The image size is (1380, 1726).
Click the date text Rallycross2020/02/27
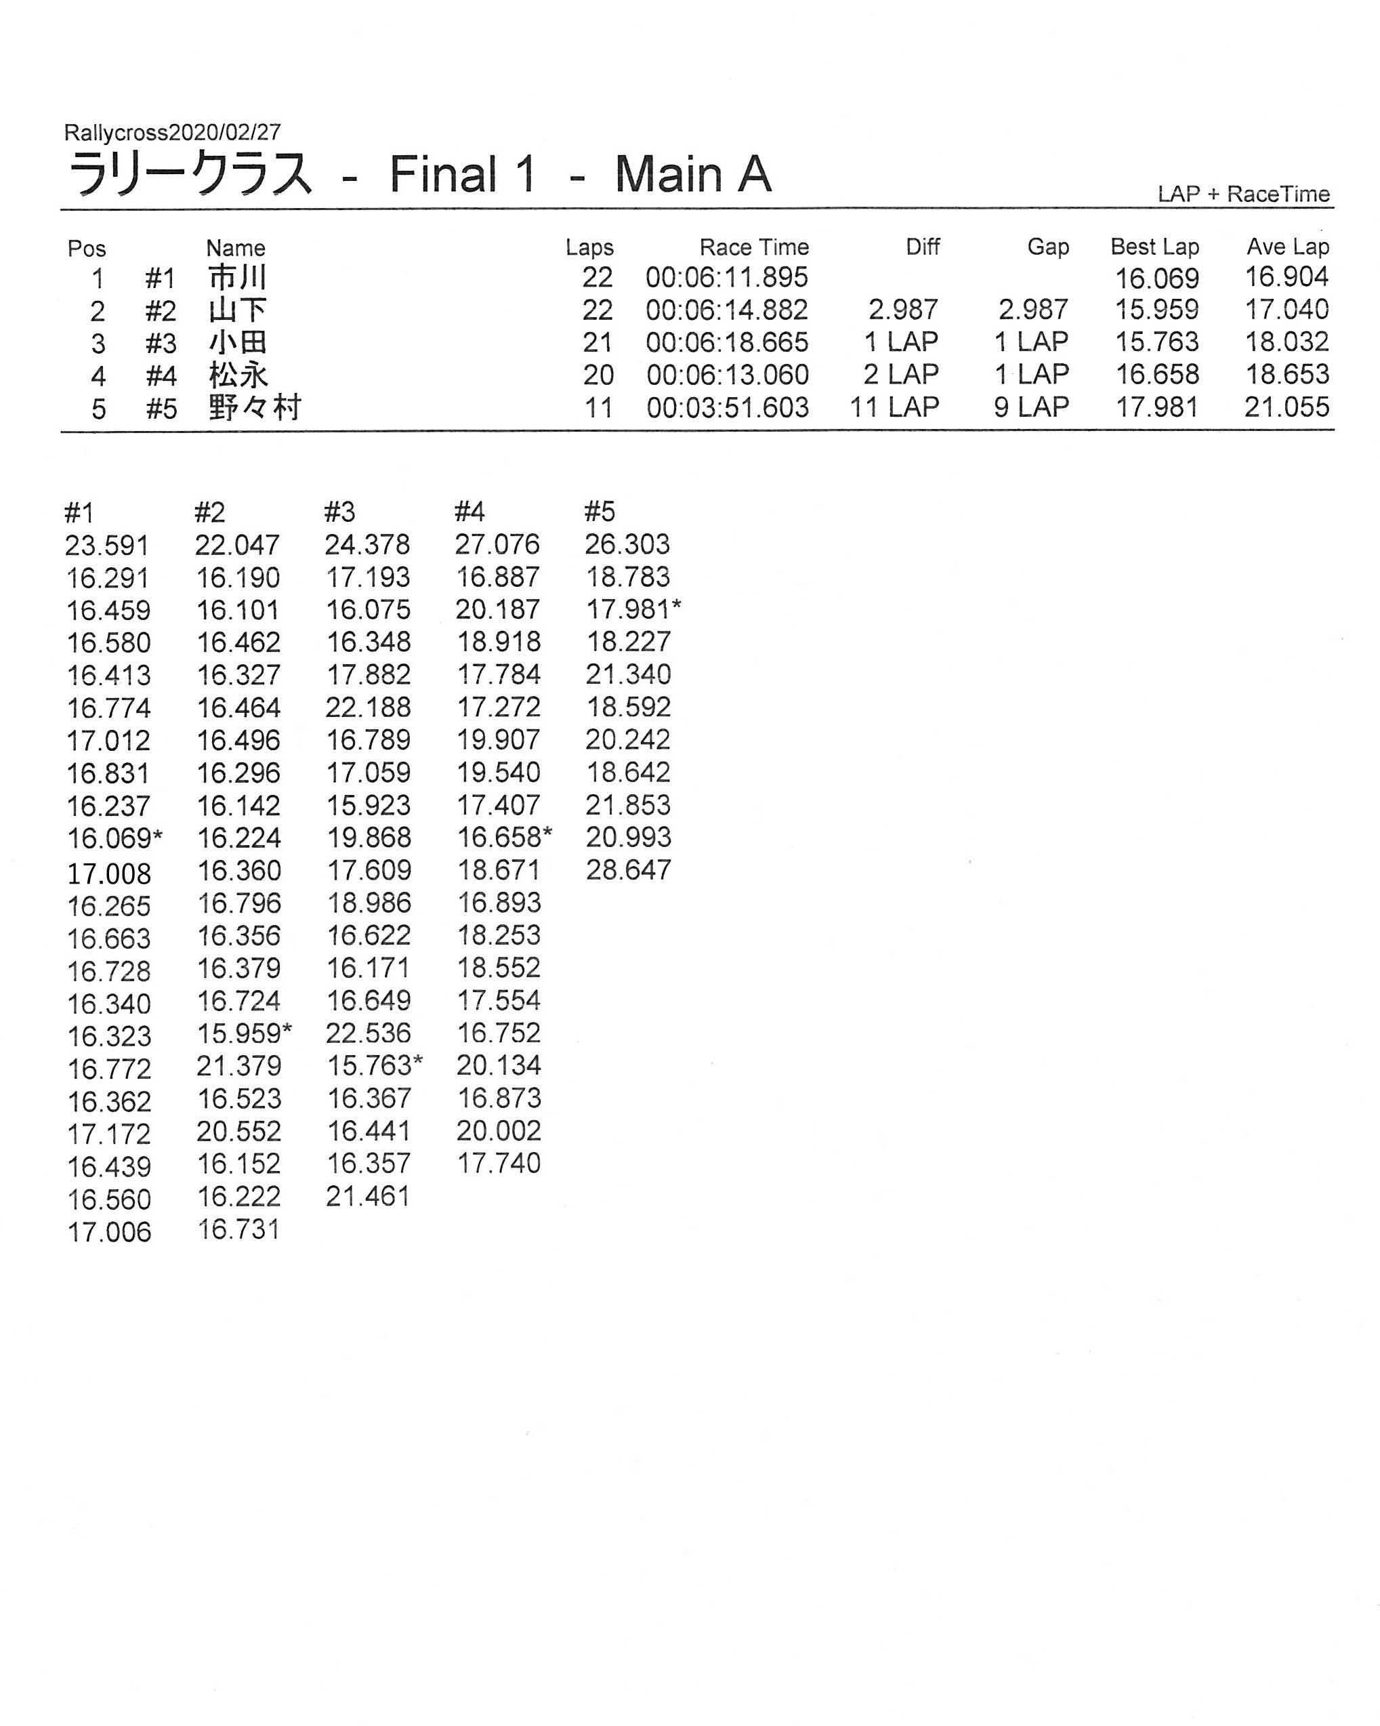point(172,132)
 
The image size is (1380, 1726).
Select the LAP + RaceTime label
point(1242,194)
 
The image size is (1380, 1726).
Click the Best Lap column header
point(1154,247)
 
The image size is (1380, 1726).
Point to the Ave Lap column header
point(1287,247)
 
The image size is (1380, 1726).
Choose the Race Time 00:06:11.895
point(726,278)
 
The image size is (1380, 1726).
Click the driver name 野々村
point(254,408)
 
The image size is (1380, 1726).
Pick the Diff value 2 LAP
point(900,375)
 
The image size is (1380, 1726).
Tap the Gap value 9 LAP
point(1031,407)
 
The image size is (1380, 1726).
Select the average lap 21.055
point(1286,407)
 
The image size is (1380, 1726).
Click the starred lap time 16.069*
point(114,839)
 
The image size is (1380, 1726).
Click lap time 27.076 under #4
point(497,546)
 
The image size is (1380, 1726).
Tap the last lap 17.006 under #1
point(109,1232)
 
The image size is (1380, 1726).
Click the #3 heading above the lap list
point(339,512)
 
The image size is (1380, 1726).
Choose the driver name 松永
point(238,375)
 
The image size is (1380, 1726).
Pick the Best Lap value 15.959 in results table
point(1156,310)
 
